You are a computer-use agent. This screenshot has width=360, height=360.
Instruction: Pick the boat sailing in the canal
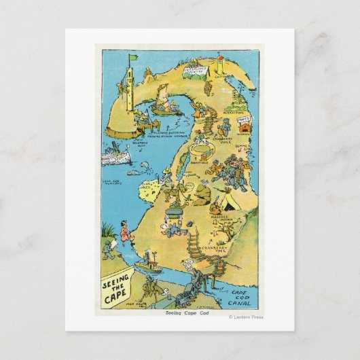pyautogui.click(x=149, y=261)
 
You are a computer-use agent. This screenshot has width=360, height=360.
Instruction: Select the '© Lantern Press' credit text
pyautogui.click(x=246, y=317)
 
